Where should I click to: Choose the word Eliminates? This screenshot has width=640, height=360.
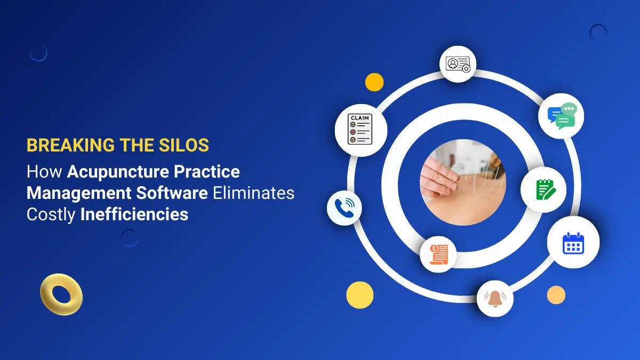[253, 193]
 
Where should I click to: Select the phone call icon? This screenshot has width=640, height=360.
[344, 207]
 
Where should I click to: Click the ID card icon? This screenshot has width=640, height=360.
[458, 64]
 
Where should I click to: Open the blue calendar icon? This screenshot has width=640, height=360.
[573, 243]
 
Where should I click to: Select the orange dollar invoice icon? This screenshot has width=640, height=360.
[438, 254]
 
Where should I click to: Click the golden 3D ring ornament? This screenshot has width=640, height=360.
[61, 295]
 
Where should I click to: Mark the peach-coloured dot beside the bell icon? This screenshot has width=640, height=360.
[556, 295]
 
